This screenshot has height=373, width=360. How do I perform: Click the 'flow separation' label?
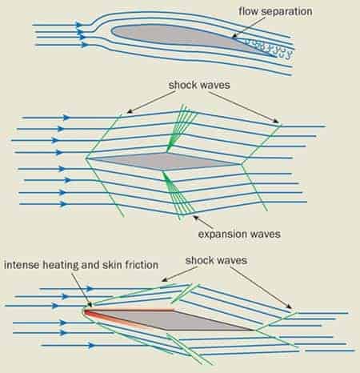coord(275,11)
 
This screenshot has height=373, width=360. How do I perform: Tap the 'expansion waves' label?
coord(239,234)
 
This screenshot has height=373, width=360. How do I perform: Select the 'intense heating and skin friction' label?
coord(81,265)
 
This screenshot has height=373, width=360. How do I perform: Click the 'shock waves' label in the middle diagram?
coord(199,85)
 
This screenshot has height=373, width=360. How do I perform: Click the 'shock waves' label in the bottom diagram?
coord(216,260)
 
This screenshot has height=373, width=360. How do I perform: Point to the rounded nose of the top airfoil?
coord(113,30)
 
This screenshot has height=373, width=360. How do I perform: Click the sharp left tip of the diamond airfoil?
coord(86,158)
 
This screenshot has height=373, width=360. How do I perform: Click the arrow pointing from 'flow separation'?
coord(249,27)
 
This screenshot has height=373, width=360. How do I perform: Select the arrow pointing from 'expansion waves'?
coord(202,223)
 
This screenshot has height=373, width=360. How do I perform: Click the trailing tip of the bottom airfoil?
coord(252,331)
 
